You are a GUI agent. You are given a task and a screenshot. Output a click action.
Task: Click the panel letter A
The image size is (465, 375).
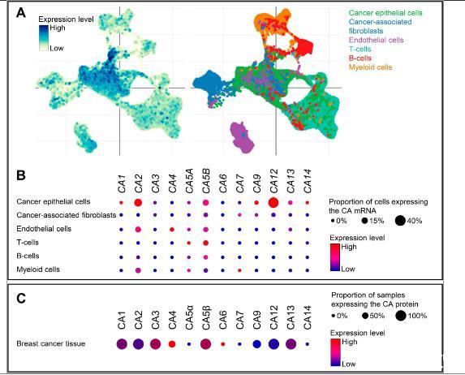click(21, 13)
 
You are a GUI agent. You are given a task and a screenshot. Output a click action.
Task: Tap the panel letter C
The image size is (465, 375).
click(21, 299)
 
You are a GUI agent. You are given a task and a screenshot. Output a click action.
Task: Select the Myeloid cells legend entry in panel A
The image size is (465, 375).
click(370, 67)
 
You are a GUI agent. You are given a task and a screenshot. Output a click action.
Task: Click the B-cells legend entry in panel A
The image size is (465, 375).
click(360, 58)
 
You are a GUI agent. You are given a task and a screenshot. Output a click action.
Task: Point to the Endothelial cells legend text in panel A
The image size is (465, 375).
click(376, 40)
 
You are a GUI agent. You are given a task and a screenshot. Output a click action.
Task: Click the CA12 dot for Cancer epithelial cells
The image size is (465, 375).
click(273, 203)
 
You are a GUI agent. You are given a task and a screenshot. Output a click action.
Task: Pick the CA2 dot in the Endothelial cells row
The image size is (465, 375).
click(138, 230)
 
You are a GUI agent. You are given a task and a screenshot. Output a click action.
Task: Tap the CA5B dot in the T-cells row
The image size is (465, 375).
click(206, 243)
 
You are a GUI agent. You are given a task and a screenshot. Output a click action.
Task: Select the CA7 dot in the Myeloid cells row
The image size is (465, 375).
click(239, 270)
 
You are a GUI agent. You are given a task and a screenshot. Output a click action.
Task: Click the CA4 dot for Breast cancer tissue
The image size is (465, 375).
click(172, 344)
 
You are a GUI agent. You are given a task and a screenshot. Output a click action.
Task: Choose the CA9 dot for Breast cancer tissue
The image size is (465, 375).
click(256, 344)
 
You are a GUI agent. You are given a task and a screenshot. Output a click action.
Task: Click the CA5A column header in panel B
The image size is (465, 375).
click(189, 181)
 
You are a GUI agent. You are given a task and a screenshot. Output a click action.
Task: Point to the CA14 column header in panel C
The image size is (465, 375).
click(308, 317)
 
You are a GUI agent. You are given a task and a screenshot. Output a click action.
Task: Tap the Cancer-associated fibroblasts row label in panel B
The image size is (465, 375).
click(66, 215)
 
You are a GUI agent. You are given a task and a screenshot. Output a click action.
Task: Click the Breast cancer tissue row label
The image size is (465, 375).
click(50, 343)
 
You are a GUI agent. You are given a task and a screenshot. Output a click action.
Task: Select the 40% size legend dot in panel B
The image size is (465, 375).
click(400, 221)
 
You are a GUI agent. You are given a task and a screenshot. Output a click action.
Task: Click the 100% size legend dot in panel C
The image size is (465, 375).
click(401, 316)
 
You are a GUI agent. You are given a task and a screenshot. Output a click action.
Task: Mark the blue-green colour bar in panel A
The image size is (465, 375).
click(43, 38)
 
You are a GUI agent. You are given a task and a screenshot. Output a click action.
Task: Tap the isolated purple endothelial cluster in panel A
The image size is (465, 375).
click(243, 137)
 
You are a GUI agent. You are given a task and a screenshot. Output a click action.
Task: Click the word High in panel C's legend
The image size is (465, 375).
click(349, 342)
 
